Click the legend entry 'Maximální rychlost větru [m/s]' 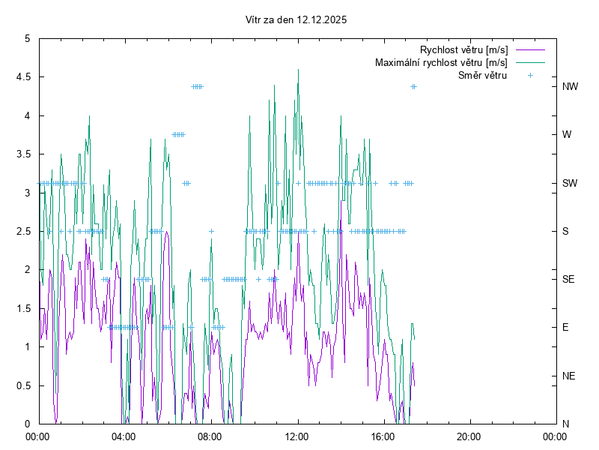pyautogui.click(x=441, y=62)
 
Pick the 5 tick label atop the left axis pyautogui.click(x=27, y=38)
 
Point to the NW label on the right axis pyautogui.click(x=571, y=86)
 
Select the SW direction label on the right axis pyautogui.click(x=571, y=183)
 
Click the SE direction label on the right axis pyautogui.click(x=569, y=279)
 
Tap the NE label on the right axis pyautogui.click(x=569, y=376)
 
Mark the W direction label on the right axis pyautogui.click(x=567, y=135)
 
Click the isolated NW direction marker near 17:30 pyautogui.click(x=413, y=86)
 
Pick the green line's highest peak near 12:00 pyautogui.click(x=299, y=70)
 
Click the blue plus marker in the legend pyautogui.click(x=530, y=75)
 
